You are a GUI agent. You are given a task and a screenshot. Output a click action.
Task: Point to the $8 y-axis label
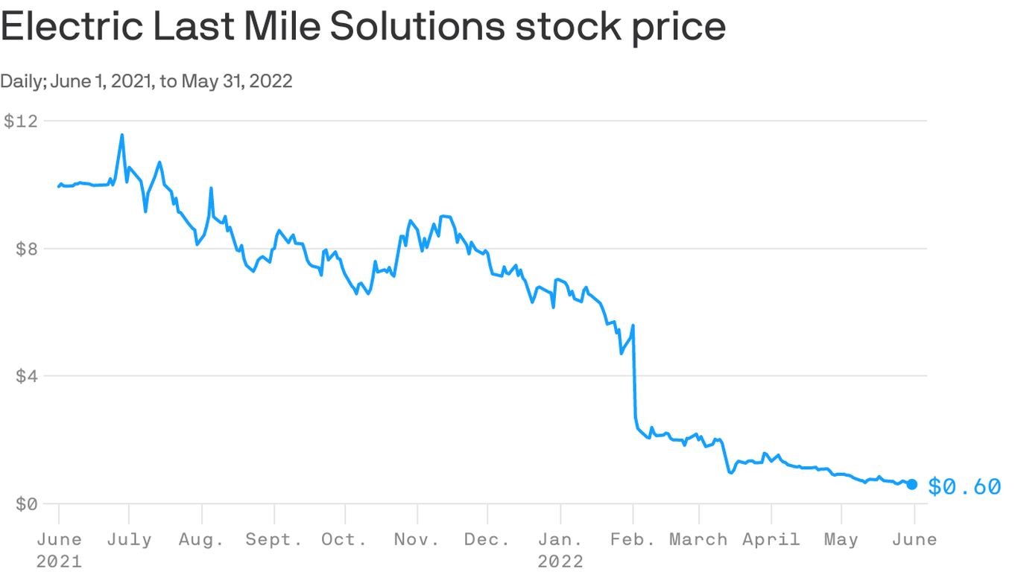coord(26,249)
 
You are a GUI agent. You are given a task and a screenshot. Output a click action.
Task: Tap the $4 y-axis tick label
coord(26,376)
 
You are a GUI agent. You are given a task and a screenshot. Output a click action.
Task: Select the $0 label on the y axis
coord(26,503)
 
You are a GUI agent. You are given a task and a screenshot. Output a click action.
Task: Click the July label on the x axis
coord(129,539)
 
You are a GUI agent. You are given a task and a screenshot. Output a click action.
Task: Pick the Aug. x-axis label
coord(201,539)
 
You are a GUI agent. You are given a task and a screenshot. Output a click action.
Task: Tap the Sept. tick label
coord(274,539)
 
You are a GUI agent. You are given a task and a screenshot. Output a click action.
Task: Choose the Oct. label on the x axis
coord(345,539)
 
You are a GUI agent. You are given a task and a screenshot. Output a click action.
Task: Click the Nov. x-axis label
coord(417,539)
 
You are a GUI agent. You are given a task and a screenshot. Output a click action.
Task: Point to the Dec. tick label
coord(487,539)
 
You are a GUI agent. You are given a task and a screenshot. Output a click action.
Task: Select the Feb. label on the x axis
coord(633,539)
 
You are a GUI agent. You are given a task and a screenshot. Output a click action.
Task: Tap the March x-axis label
coord(698,539)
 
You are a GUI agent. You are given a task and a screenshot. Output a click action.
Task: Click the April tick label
coord(771,539)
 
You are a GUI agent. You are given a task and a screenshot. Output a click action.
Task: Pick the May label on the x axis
coord(841,539)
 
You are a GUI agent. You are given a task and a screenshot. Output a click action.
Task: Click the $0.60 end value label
coord(964,487)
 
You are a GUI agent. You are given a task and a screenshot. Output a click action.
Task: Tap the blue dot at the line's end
coord(912,484)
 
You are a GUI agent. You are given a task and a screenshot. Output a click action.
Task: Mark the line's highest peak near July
coord(122,135)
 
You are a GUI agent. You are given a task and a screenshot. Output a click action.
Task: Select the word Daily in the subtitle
coord(22,80)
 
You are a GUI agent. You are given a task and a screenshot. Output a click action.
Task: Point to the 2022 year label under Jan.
coord(560,560)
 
